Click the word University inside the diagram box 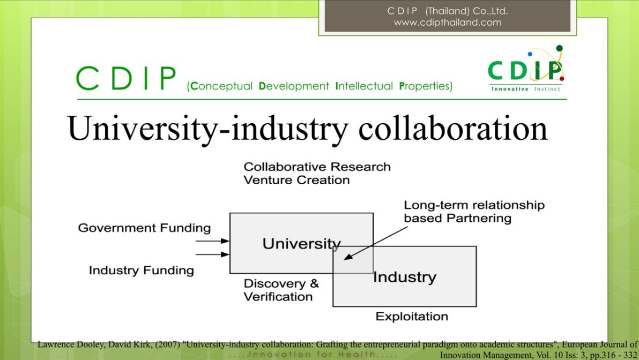click(x=302, y=244)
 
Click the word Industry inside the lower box click(x=405, y=277)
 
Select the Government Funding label click(x=144, y=228)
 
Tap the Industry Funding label click(x=142, y=271)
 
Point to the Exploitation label click(x=412, y=317)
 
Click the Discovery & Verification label click(x=281, y=290)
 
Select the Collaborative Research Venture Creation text click(x=317, y=173)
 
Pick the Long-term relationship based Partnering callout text click(x=474, y=212)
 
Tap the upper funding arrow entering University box click(x=212, y=241)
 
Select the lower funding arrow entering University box click(x=212, y=254)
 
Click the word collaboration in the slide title click(x=453, y=128)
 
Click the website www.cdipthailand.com click(x=448, y=22)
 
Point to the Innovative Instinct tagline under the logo click(x=526, y=89)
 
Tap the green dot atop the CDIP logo click(x=559, y=48)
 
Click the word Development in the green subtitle click(x=294, y=86)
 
